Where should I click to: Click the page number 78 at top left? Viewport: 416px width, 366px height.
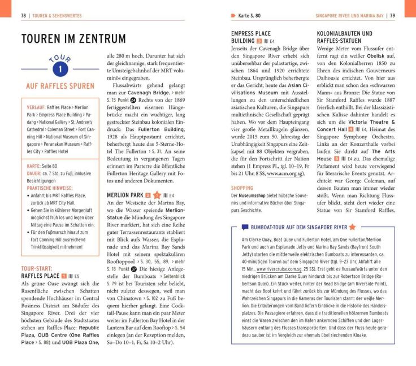(x=24, y=15)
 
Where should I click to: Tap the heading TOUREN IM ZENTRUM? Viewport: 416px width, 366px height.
(x=73, y=39)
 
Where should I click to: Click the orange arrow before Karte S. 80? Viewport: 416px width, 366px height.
(x=233, y=15)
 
